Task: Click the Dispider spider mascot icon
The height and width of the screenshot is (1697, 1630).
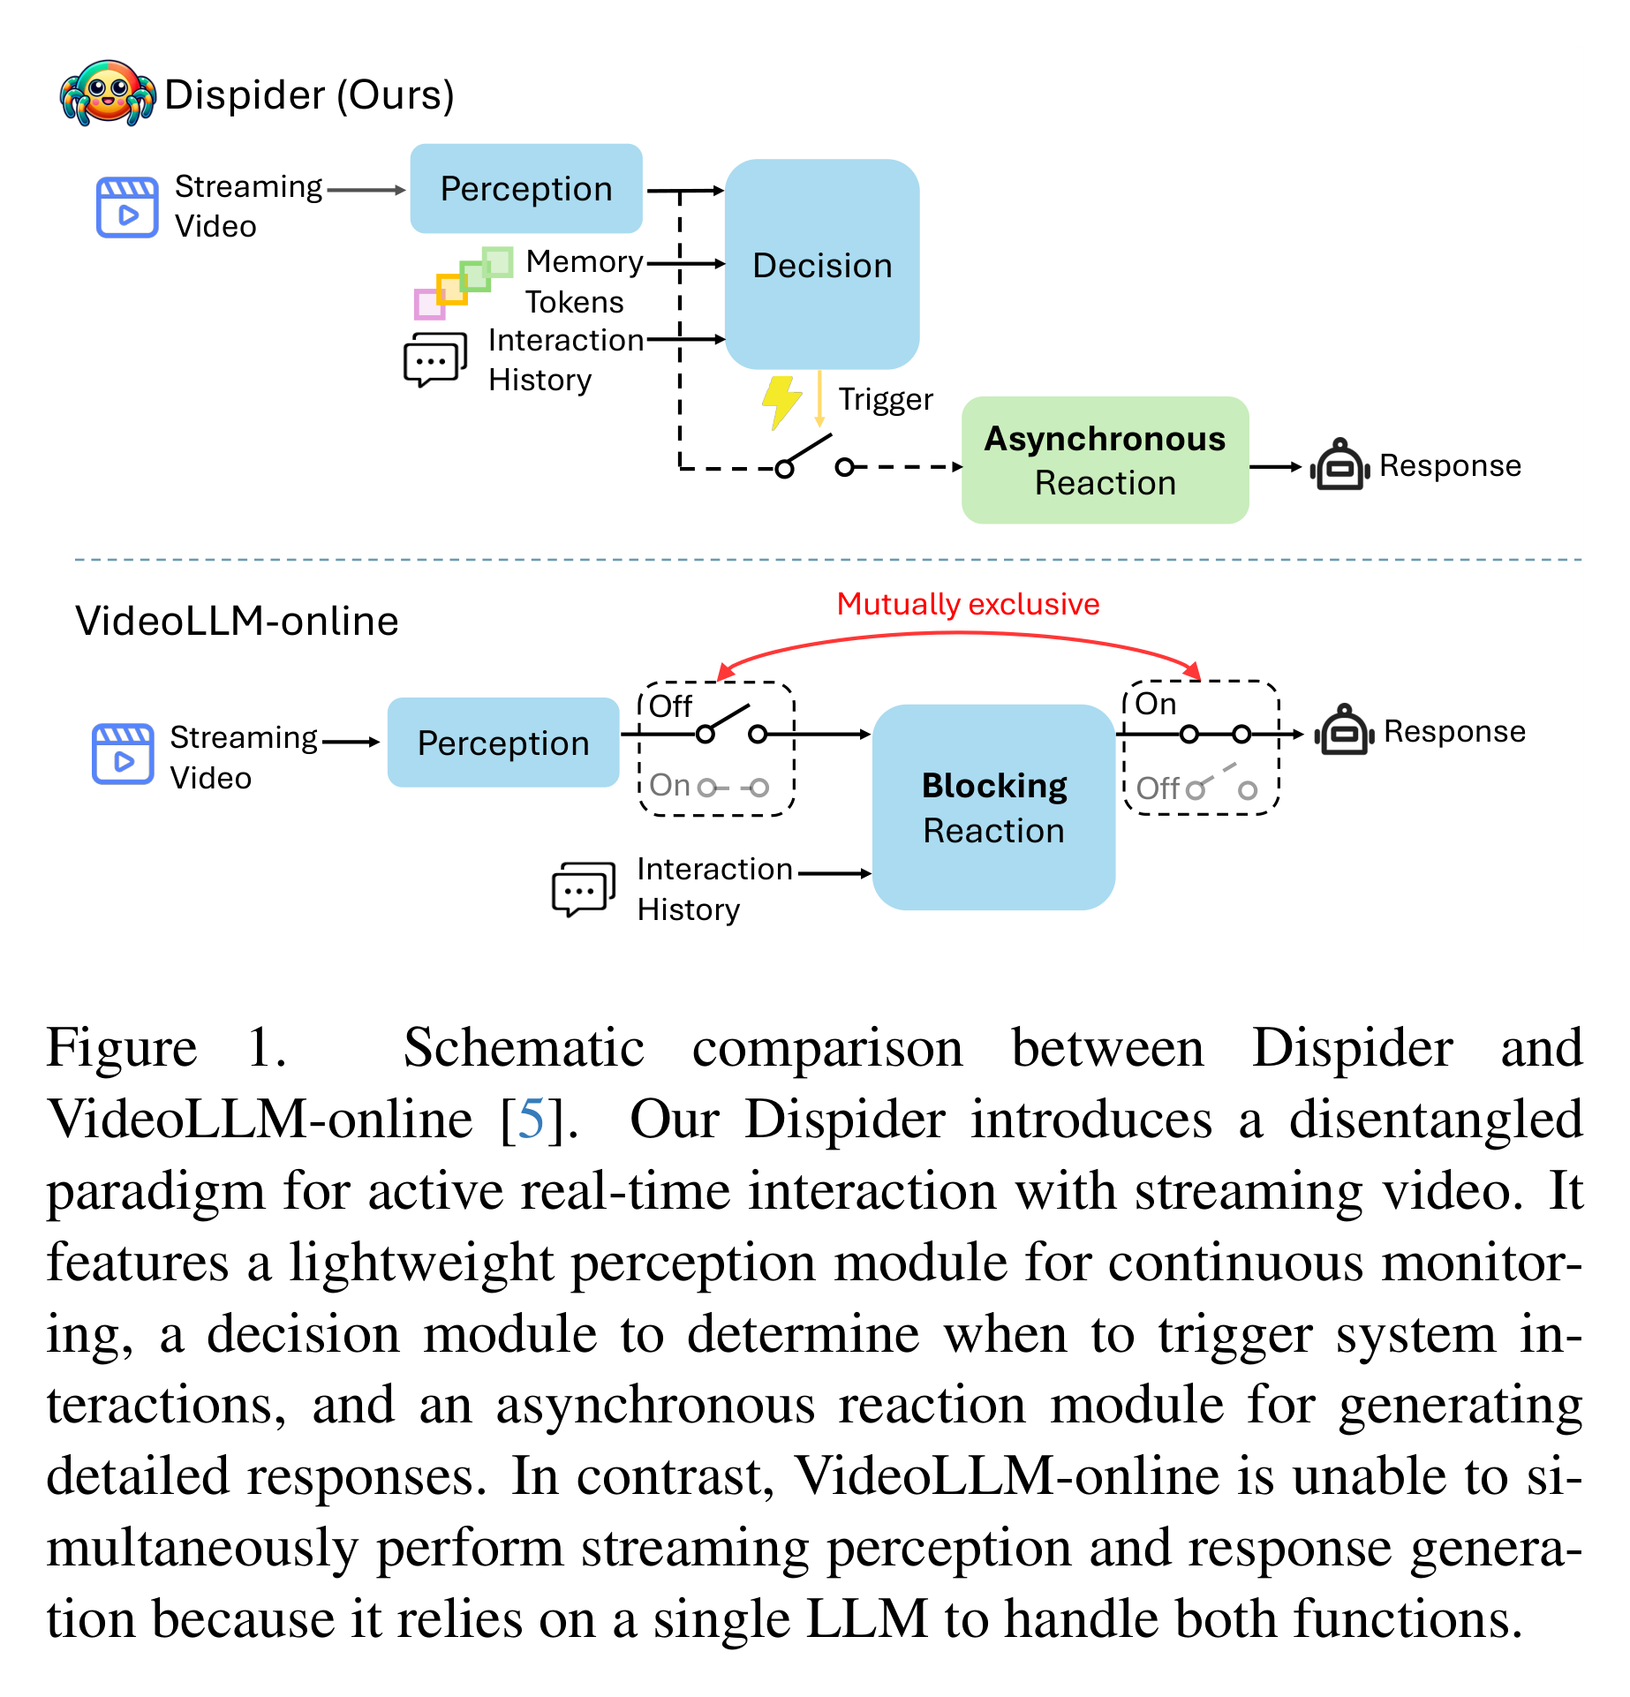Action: [108, 93]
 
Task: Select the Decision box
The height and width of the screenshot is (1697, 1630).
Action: [822, 264]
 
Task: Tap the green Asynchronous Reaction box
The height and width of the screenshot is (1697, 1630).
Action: [1105, 460]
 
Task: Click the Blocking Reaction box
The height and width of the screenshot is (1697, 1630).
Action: [993, 807]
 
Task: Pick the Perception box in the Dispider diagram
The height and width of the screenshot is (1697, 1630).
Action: [526, 189]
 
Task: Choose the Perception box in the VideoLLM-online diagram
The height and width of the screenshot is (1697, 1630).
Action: [503, 743]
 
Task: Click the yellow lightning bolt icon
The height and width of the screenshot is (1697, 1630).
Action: [781, 403]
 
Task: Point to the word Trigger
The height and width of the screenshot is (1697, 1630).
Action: [886, 400]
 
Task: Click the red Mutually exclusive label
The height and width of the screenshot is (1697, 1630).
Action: [968, 604]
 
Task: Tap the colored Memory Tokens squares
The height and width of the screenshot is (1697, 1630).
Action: [464, 283]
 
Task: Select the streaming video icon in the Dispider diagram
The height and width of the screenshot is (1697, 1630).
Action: [127, 207]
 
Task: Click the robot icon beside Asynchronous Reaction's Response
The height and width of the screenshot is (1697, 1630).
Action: [1339, 464]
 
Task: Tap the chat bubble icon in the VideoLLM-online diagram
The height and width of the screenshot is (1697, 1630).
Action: [583, 889]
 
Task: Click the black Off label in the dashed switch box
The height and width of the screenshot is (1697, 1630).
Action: [670, 706]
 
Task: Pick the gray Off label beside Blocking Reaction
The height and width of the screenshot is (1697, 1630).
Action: [1158, 788]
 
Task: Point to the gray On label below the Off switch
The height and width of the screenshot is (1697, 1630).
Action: [669, 785]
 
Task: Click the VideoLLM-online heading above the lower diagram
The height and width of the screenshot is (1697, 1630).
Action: [237, 622]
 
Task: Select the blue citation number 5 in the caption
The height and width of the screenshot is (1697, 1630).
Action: [532, 1120]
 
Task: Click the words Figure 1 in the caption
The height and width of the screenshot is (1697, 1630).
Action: [166, 1048]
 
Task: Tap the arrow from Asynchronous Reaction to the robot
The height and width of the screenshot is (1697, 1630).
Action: [1276, 466]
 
